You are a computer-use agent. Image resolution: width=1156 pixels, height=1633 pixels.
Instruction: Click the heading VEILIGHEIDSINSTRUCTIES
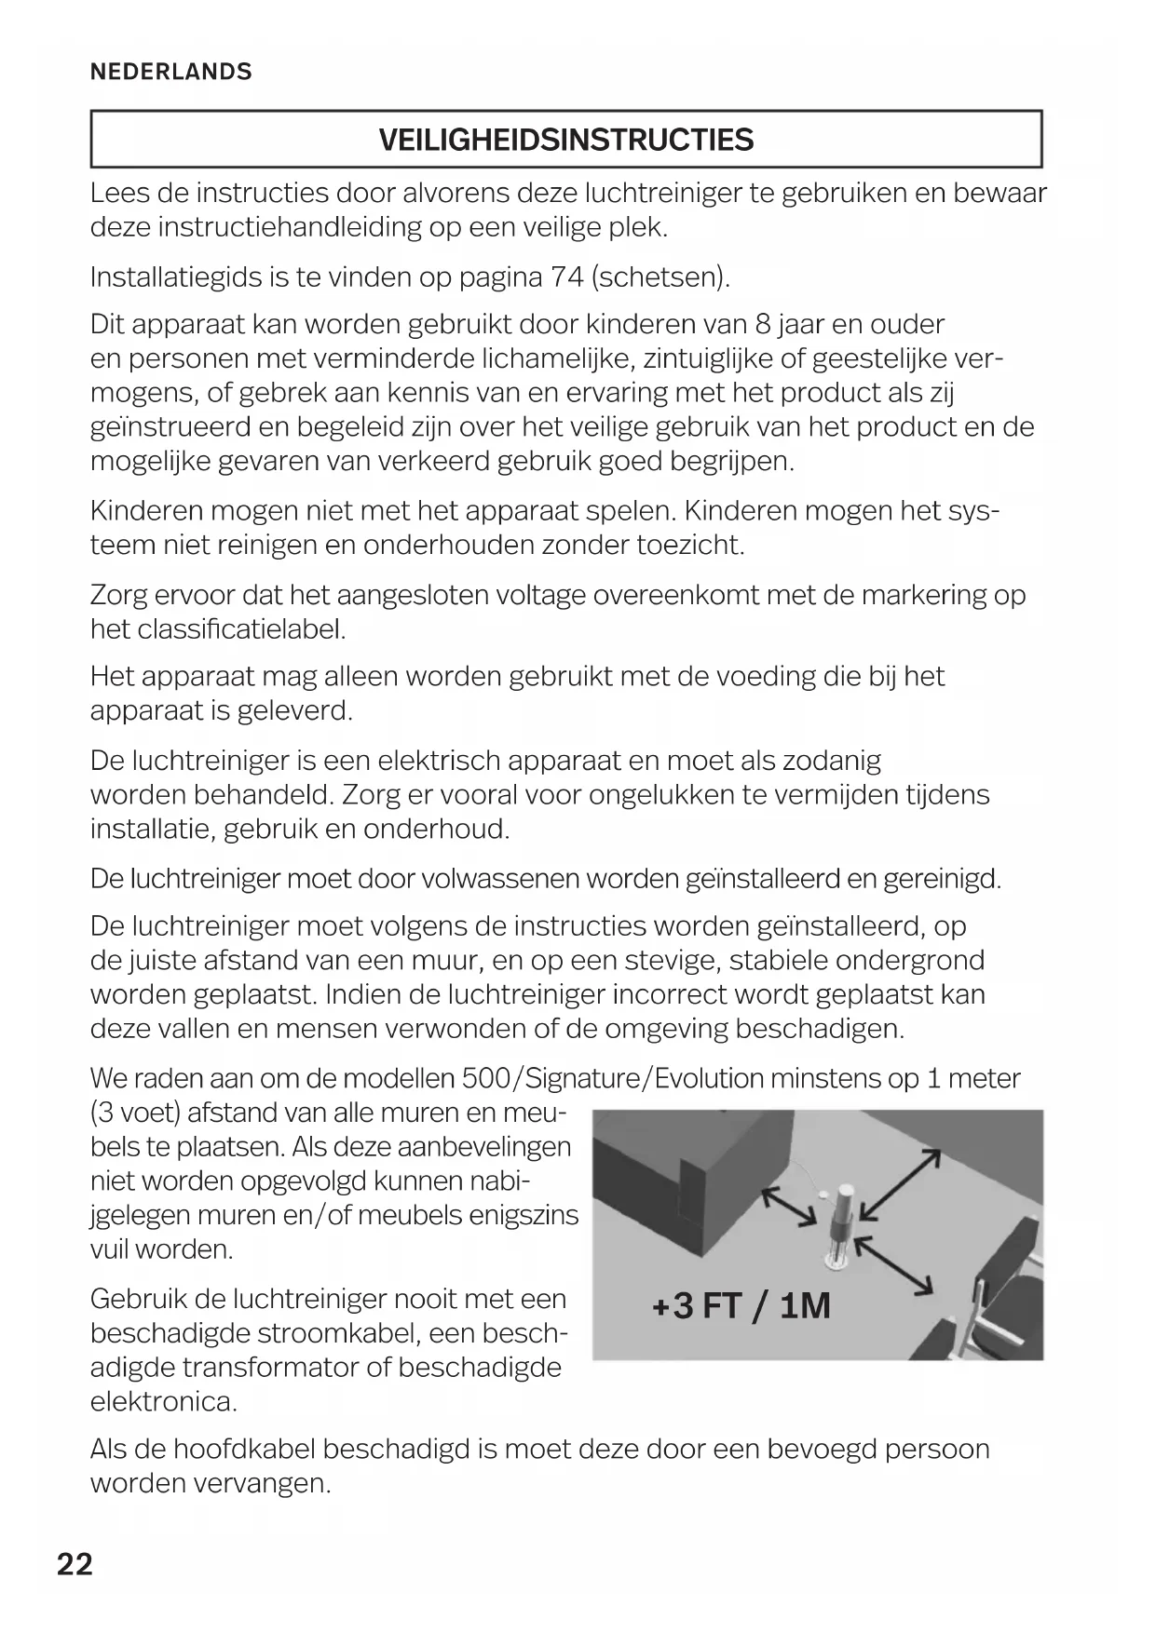tap(565, 141)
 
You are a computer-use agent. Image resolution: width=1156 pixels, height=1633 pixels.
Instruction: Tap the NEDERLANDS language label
tap(170, 72)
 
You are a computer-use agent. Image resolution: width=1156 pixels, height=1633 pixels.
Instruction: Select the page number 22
tap(75, 1564)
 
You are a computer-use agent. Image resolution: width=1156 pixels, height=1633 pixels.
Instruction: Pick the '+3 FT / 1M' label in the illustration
tap(741, 1306)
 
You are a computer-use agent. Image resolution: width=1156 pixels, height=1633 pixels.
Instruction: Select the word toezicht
tap(690, 546)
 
